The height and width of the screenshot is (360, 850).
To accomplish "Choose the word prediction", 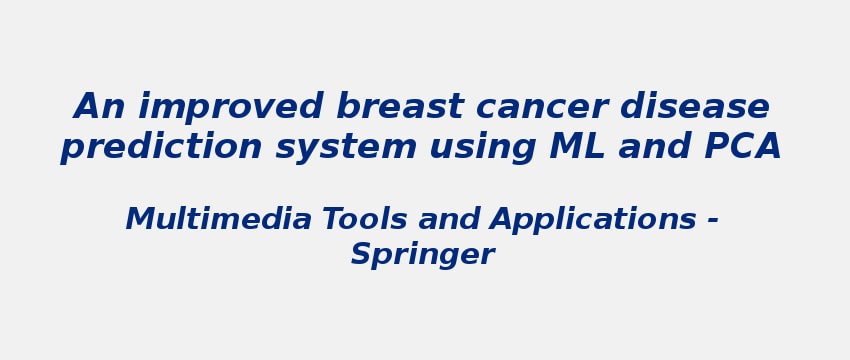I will (162, 148).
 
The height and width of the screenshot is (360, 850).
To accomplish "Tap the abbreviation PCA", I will (742, 147).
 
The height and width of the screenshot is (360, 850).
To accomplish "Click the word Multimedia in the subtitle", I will (218, 220).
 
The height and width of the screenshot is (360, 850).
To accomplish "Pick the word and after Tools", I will (449, 220).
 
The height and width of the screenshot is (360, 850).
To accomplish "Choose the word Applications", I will (593, 220).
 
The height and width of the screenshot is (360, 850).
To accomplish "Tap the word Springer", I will (422, 255).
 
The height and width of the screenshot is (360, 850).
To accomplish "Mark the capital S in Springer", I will (360, 254).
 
